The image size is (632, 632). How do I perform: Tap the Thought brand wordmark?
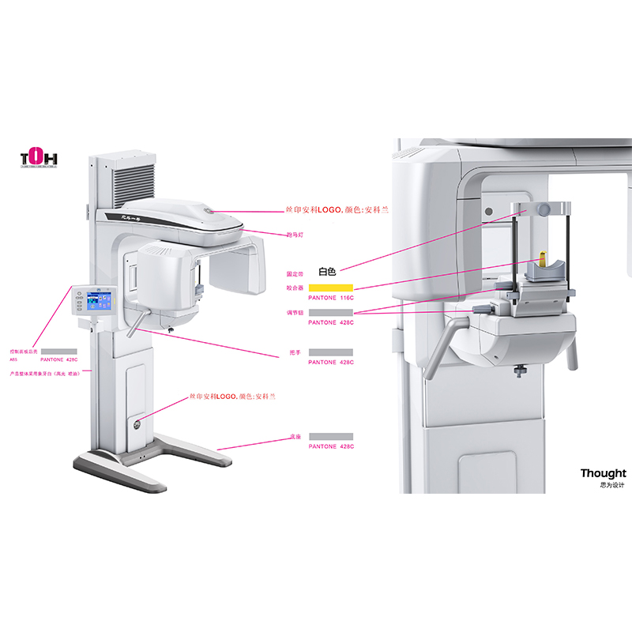pos(603,473)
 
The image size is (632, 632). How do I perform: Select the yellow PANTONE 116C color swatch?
pos(330,287)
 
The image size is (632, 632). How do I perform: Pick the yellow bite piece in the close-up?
pos(543,258)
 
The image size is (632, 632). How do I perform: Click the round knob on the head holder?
pos(544,209)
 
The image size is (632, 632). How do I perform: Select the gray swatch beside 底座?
pos(330,436)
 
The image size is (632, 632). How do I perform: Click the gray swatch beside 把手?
pos(330,352)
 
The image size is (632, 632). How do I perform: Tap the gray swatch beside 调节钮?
pos(330,313)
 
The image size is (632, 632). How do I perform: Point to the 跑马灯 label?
pos(295,235)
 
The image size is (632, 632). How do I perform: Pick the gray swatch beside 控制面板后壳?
pos(58,350)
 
